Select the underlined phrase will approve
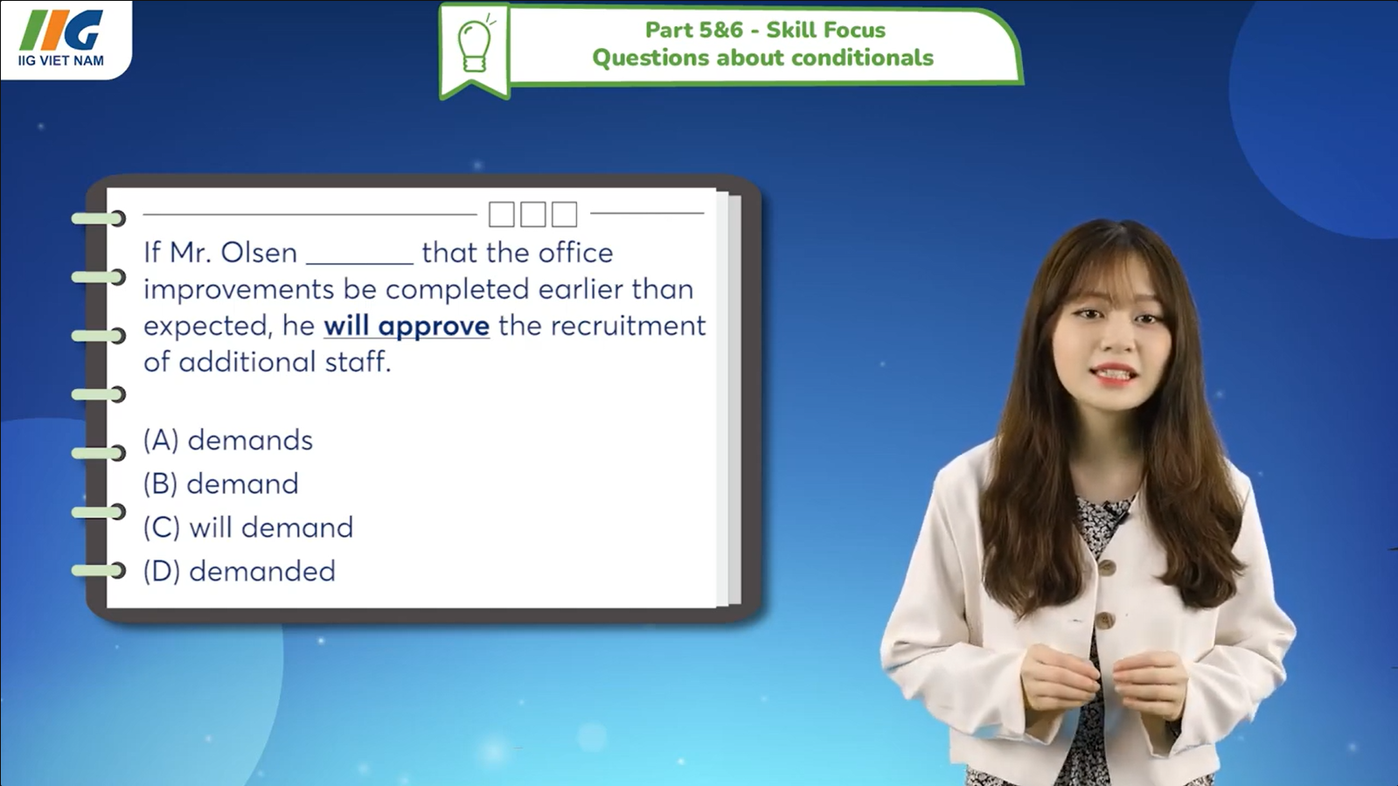coord(407,326)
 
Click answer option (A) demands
coord(228,440)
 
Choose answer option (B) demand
coord(221,483)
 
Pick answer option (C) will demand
coord(248,527)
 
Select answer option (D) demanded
coord(240,571)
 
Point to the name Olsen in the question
coord(259,253)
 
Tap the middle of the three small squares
coord(532,214)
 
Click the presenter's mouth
coord(1112,374)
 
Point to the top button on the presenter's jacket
coord(1108,567)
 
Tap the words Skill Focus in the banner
coord(825,30)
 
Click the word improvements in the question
coord(239,289)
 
